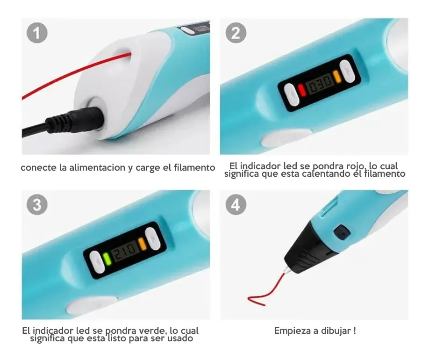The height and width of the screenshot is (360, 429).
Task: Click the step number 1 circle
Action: [37, 33]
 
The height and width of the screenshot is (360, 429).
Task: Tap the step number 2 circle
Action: [236, 33]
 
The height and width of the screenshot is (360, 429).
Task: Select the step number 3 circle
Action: [37, 204]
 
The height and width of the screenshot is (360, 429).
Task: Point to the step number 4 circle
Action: [236, 204]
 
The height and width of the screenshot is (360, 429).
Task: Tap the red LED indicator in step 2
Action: [301, 90]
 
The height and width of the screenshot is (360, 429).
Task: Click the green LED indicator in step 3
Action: [107, 259]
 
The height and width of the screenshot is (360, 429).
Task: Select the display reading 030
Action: [319, 83]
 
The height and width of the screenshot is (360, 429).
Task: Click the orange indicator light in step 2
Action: [336, 77]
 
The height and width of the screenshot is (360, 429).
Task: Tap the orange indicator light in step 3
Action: [143, 244]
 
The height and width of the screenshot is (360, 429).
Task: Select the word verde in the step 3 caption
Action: [153, 331]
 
